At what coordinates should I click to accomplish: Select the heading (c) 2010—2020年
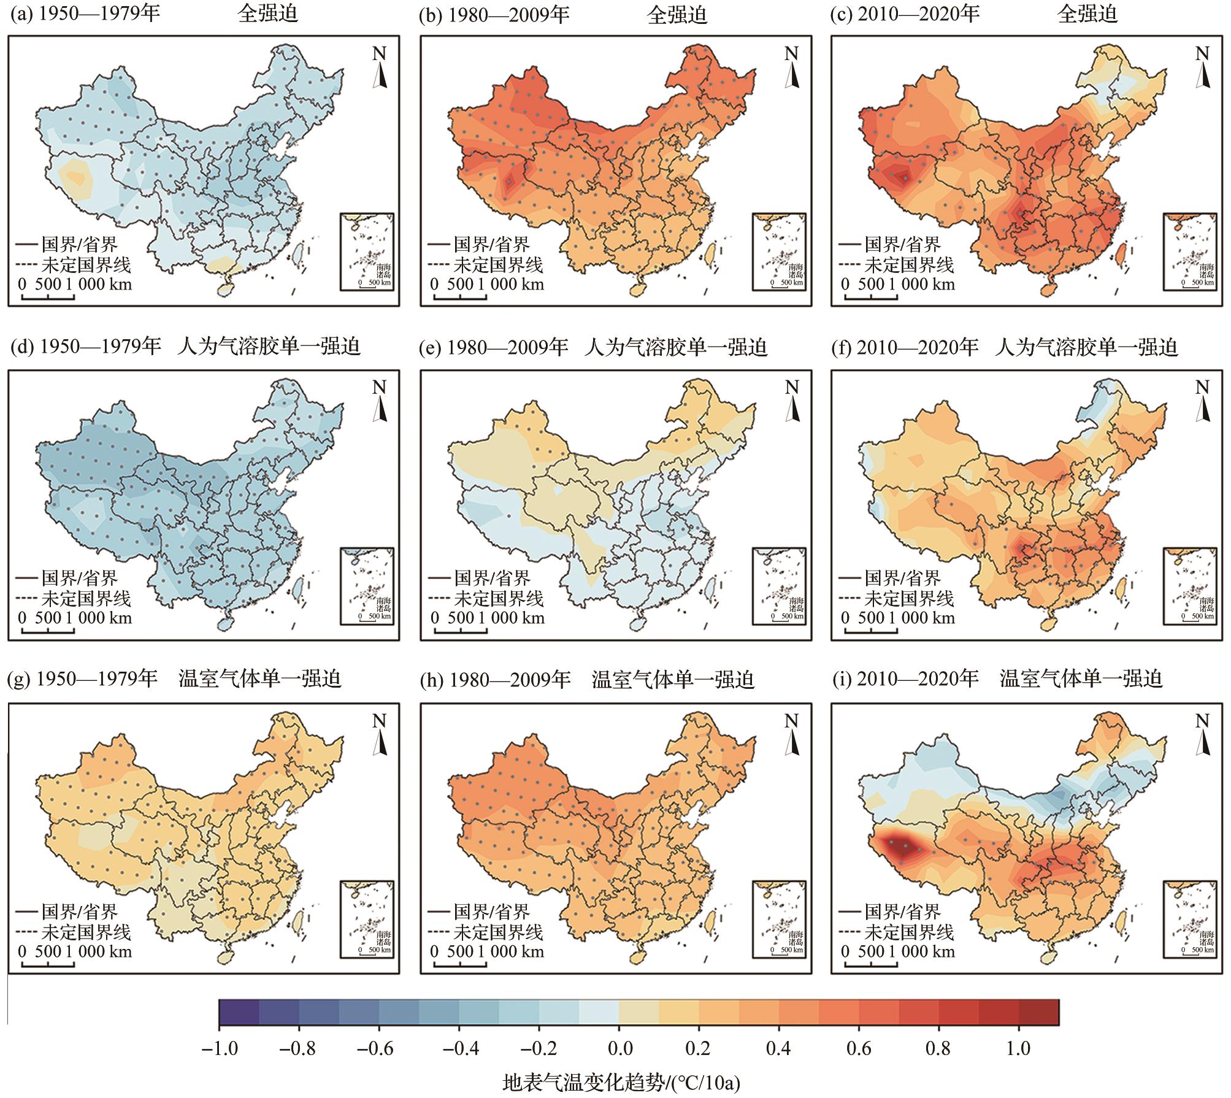905,13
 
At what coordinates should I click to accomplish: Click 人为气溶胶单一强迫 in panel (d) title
268,347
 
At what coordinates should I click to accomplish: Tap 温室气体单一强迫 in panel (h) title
672,680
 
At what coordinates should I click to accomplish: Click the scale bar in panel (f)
871,630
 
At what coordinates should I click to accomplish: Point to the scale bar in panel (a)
48,298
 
